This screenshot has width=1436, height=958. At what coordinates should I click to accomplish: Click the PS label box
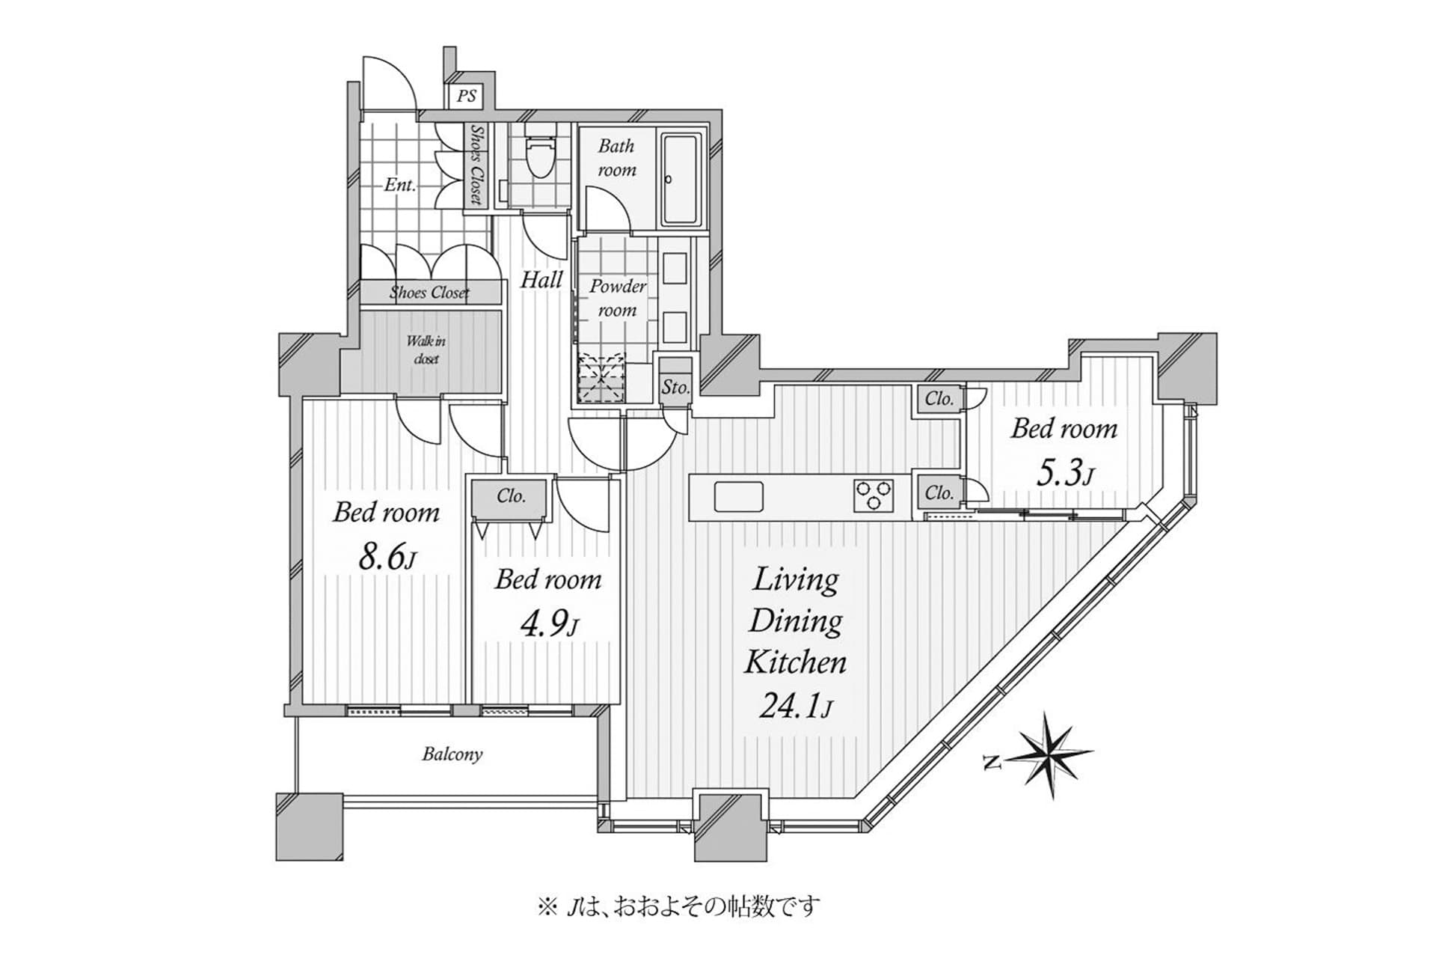(x=466, y=96)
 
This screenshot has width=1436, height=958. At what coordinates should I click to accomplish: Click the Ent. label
(x=399, y=185)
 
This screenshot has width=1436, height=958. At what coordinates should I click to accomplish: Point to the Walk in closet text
(x=426, y=350)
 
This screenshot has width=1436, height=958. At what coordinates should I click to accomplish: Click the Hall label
(x=541, y=280)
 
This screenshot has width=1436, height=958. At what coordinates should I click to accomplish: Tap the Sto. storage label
(x=675, y=387)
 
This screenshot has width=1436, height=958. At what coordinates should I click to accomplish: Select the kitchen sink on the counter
(x=738, y=497)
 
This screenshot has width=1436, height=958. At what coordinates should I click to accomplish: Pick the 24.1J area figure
(x=795, y=705)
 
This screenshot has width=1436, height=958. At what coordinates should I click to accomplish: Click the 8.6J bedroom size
(x=387, y=557)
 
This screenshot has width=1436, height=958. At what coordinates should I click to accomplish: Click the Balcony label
(x=452, y=754)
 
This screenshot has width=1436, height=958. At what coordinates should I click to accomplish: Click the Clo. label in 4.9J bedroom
(x=511, y=496)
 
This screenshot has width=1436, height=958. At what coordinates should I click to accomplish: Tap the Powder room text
(x=617, y=298)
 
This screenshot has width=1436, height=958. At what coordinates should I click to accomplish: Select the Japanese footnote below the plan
(x=678, y=907)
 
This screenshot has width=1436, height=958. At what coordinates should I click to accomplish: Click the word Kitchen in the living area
(x=795, y=662)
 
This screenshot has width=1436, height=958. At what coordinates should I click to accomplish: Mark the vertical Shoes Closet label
(x=476, y=165)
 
